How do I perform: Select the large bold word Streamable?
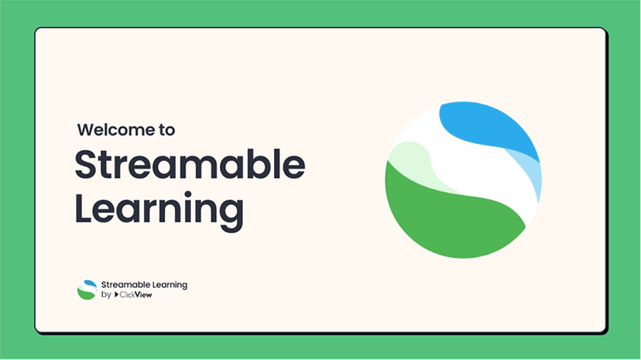click(x=190, y=164)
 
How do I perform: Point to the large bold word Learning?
click(x=159, y=208)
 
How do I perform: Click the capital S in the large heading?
click(x=87, y=164)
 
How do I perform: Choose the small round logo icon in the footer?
click(x=87, y=290)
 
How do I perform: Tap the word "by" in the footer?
click(x=106, y=295)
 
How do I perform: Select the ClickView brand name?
click(x=136, y=295)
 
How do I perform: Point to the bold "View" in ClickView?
click(x=144, y=295)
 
